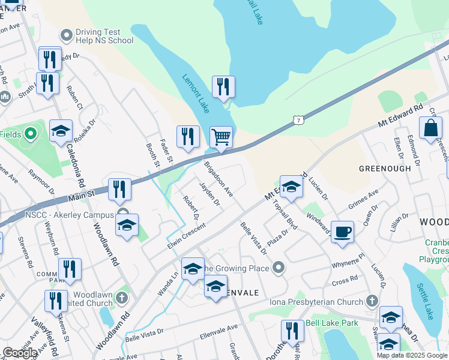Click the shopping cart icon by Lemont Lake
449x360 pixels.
click(221, 137)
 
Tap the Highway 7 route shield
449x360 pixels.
click(298, 120)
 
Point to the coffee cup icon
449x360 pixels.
click(342, 232)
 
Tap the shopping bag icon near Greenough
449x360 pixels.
click(430, 128)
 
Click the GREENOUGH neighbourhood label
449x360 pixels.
click(385, 169)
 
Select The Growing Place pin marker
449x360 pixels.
click(277, 268)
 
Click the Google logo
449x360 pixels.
click(20, 353)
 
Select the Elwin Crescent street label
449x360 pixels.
click(187, 236)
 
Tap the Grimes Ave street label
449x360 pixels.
click(363, 201)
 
